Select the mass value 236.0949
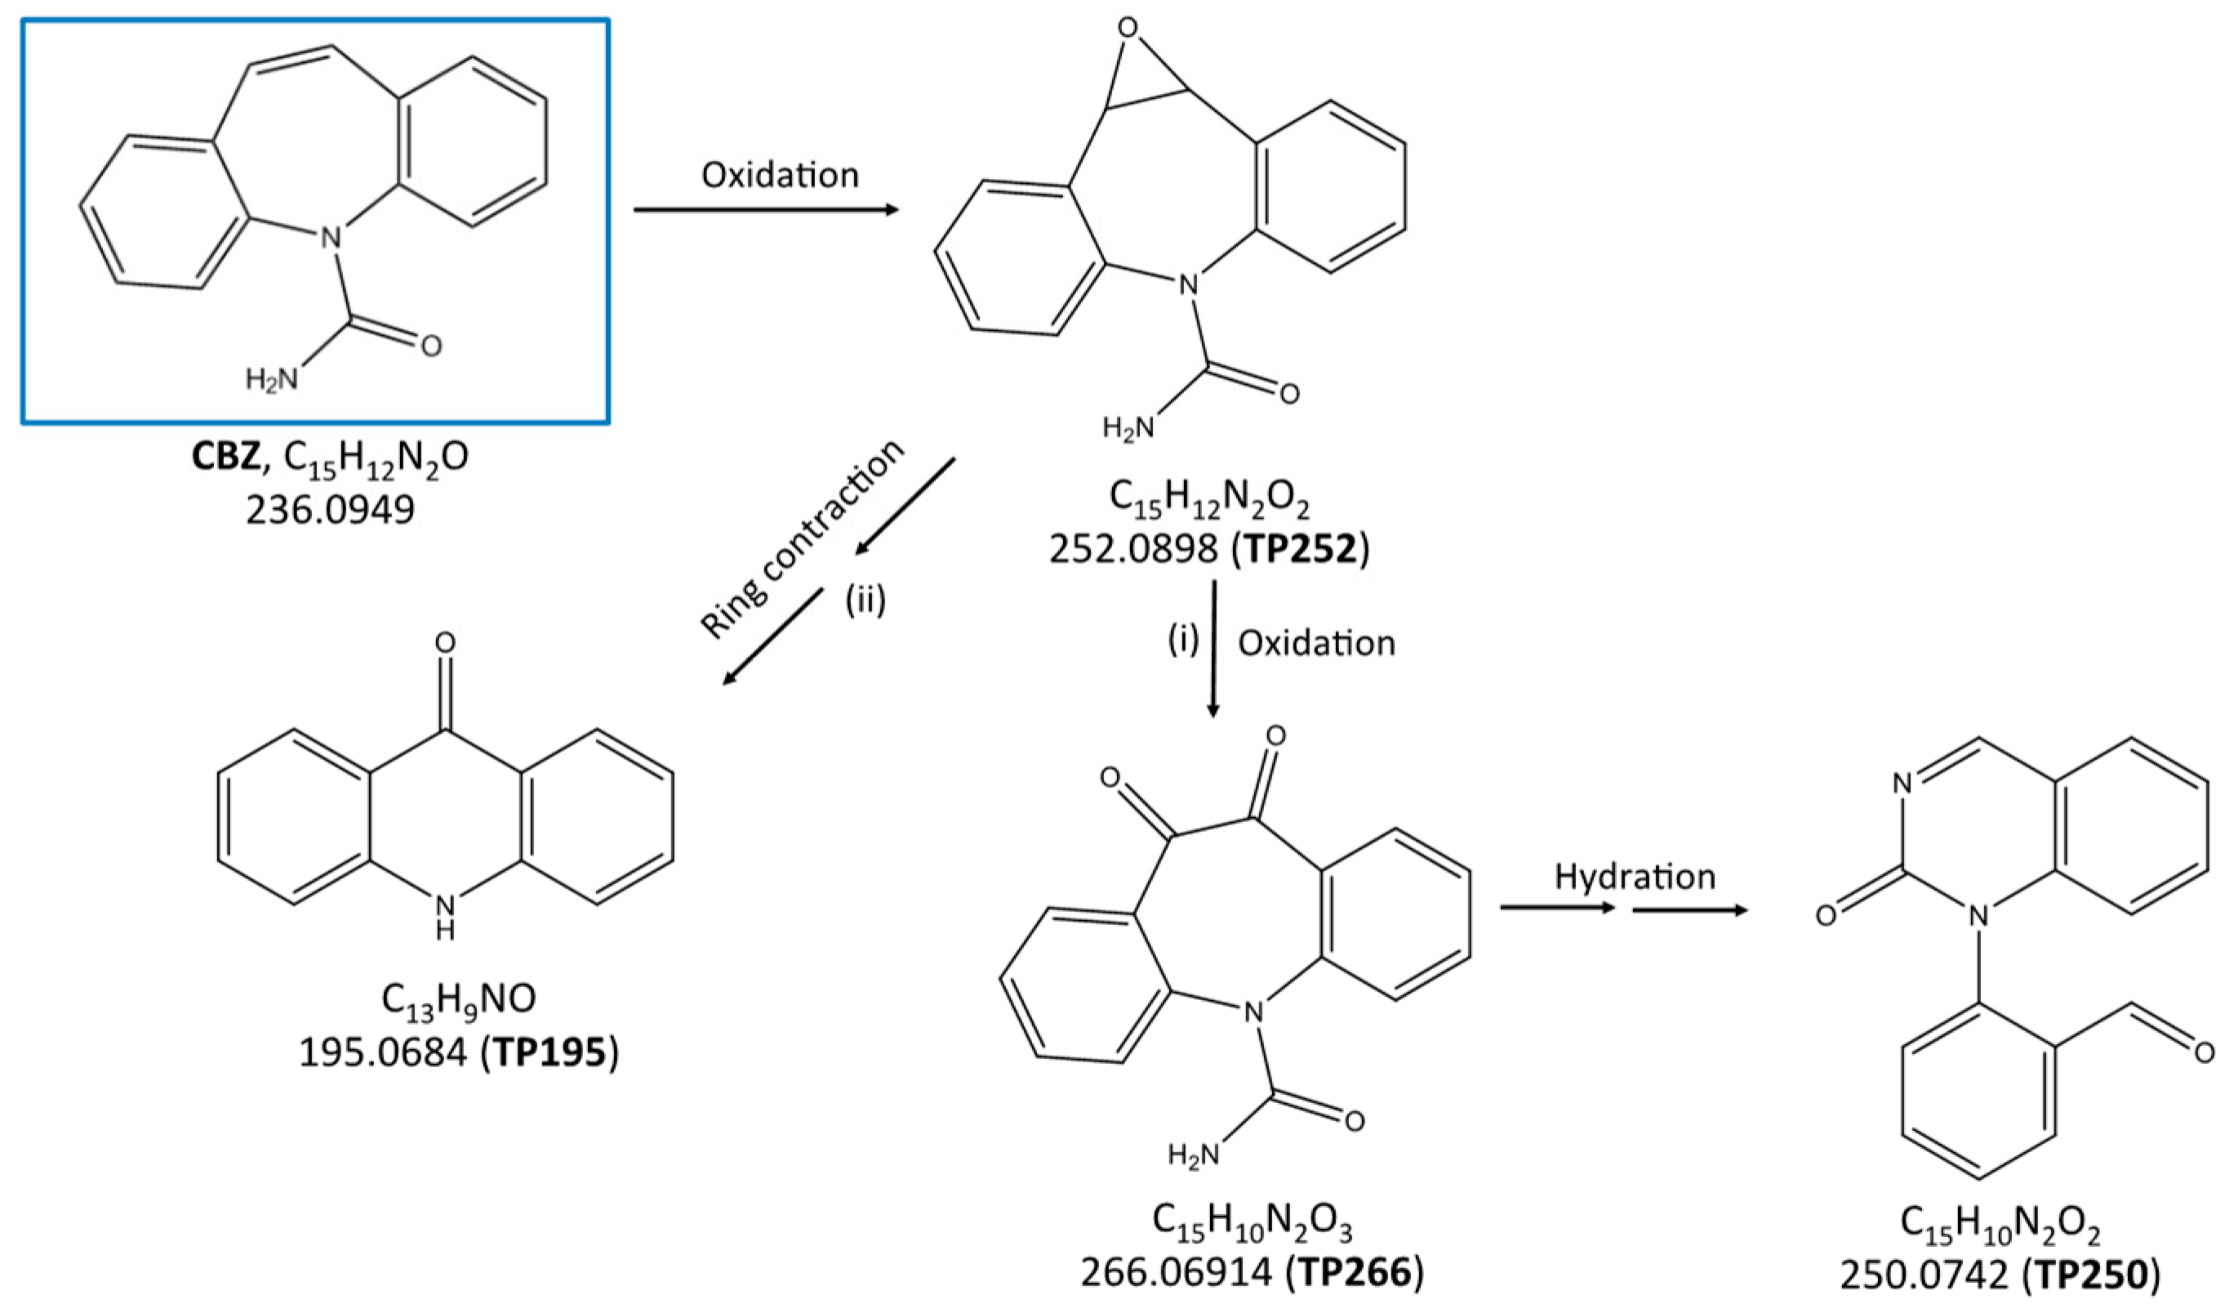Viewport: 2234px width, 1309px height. pyautogui.click(x=331, y=510)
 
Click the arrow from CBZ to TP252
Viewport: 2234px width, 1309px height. pyautogui.click(x=766, y=210)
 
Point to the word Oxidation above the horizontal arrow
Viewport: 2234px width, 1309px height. pyautogui.click(x=780, y=175)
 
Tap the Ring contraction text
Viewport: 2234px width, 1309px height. pyautogui.click(x=803, y=538)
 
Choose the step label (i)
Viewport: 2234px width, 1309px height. pyautogui.click(x=1182, y=640)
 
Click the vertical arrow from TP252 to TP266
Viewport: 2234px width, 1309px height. pyautogui.click(x=1213, y=647)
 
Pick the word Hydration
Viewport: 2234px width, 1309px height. pyautogui.click(x=1635, y=876)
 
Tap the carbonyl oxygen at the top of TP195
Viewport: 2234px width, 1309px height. pyautogui.click(x=445, y=643)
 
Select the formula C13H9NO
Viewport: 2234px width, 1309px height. pyautogui.click(x=458, y=999)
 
